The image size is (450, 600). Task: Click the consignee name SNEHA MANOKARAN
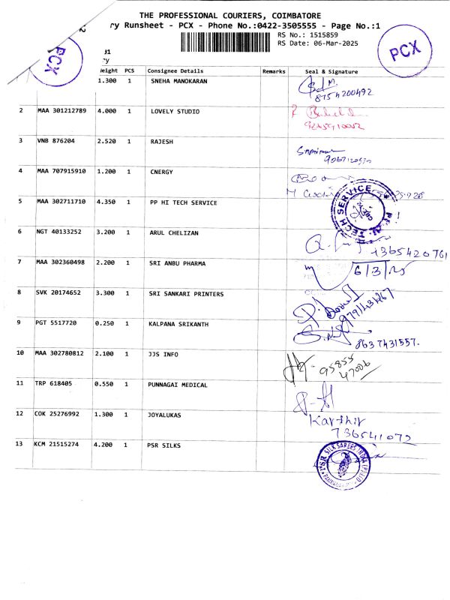point(181,79)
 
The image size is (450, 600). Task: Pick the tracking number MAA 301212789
point(61,110)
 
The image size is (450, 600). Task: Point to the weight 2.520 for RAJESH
point(106,141)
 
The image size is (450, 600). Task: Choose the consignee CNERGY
point(162,172)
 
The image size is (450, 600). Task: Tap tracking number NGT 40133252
point(59,232)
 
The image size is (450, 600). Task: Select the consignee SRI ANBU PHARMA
point(178,263)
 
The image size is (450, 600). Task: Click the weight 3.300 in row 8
point(106,293)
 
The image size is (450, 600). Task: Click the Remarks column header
point(274,70)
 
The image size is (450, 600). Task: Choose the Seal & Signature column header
point(331,70)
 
